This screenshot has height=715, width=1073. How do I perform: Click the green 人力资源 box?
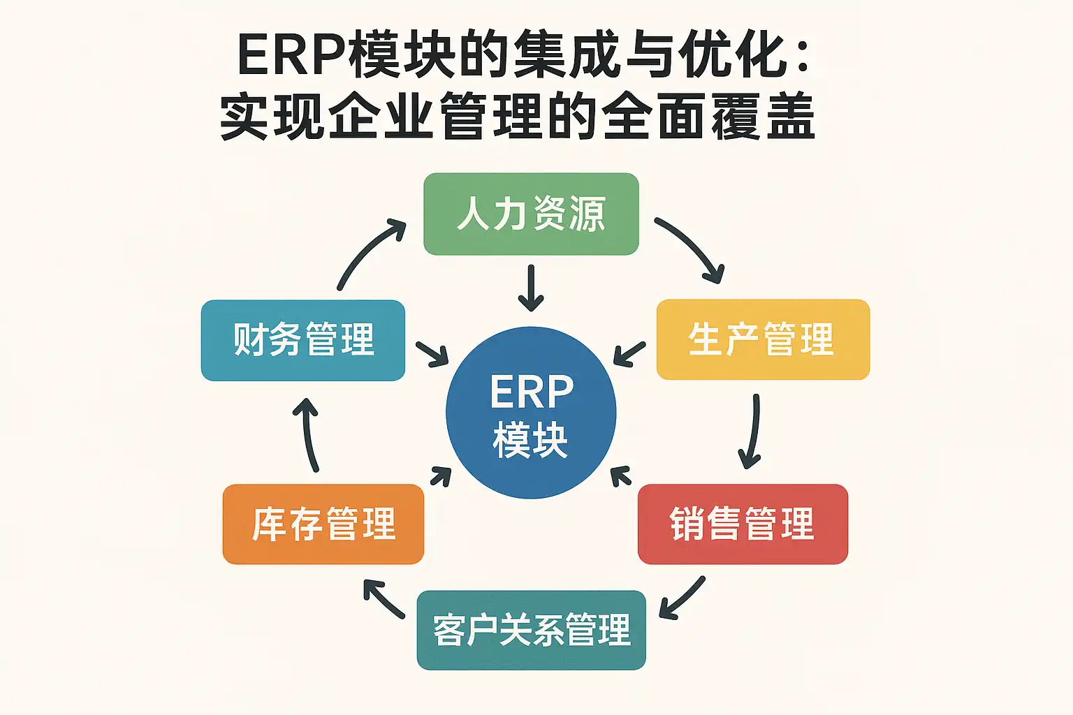[531, 214]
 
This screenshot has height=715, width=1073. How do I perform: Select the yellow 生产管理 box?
[763, 340]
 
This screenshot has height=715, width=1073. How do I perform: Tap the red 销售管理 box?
[743, 524]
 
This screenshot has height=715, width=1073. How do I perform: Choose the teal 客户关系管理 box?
[531, 630]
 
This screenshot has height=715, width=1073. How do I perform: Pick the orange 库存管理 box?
[323, 524]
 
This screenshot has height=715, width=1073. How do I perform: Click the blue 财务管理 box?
[303, 340]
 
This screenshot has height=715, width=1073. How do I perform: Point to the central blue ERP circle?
[531, 413]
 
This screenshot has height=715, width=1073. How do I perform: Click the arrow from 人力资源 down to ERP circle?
[531, 288]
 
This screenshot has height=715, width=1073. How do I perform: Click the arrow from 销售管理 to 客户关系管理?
[683, 598]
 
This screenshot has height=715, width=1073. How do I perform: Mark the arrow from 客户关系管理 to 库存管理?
[384, 599]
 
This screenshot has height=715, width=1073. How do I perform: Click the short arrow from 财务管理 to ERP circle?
[432, 354]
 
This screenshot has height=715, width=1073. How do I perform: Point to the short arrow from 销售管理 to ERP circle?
[620, 476]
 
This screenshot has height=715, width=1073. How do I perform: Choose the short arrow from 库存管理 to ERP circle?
[441, 476]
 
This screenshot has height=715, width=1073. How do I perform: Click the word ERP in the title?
[292, 55]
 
